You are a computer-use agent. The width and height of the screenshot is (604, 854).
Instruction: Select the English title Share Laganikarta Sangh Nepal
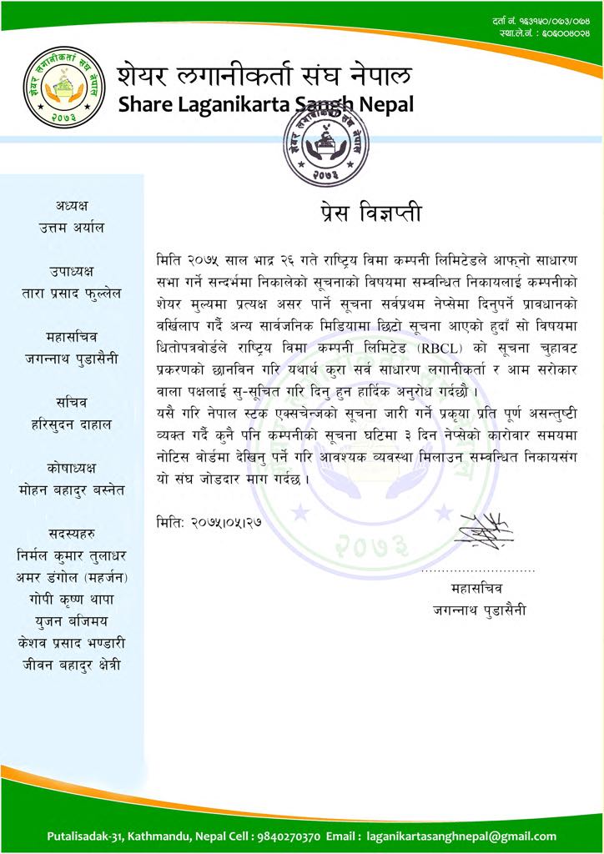tap(266, 105)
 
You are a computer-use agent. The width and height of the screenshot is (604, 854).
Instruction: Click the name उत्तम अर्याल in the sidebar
tap(72, 227)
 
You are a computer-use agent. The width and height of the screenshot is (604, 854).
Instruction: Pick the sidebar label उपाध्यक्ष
tap(72, 271)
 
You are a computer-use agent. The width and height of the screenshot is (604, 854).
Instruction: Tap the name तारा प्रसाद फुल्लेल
tap(72, 294)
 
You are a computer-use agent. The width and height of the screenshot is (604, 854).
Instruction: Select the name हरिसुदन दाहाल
tap(72, 424)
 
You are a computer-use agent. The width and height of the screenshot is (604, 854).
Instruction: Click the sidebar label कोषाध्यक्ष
tap(72, 467)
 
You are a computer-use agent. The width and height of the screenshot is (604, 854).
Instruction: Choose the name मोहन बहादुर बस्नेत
tap(72, 490)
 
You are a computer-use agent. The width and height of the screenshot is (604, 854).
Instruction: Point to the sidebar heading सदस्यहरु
tap(72, 533)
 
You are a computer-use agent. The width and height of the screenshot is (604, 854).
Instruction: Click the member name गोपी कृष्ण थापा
tap(72, 600)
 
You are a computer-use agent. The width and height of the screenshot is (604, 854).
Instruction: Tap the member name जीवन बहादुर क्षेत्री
tap(72, 665)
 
